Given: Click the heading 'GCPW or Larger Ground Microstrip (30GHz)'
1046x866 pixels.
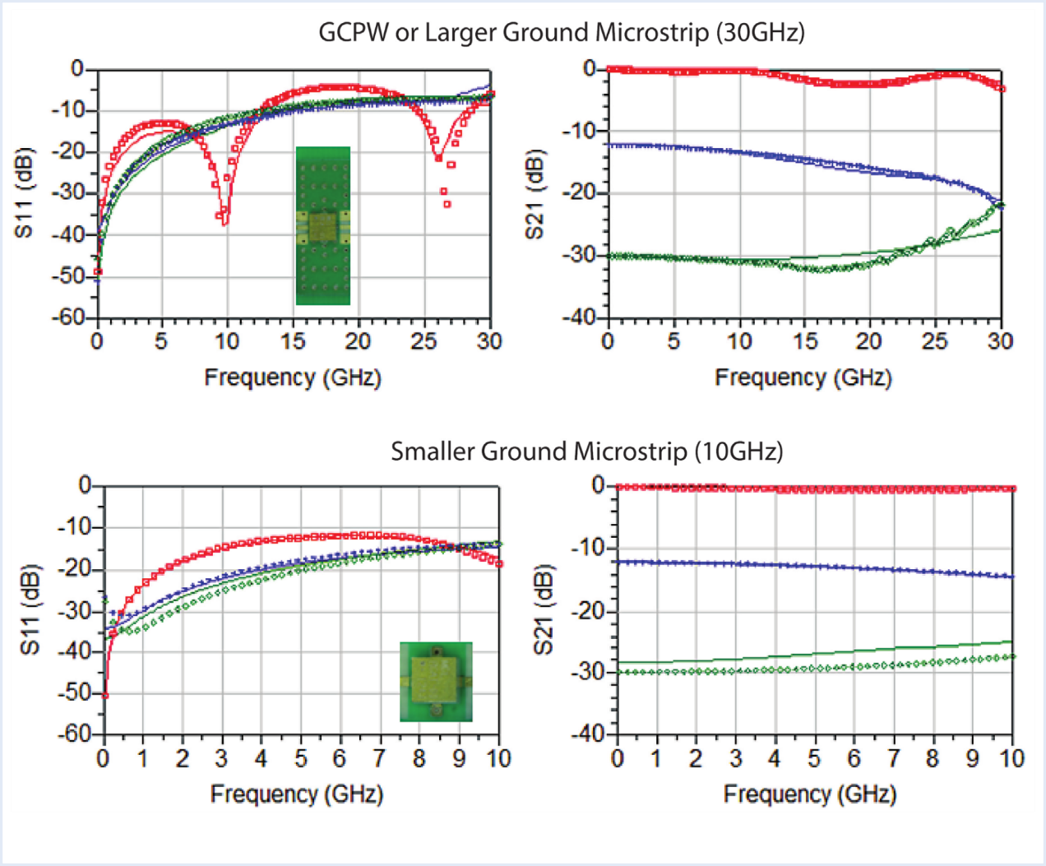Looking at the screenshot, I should (562, 33).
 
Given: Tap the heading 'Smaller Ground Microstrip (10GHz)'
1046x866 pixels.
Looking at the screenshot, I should (586, 452).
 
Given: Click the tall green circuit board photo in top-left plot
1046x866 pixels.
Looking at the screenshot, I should (323, 226).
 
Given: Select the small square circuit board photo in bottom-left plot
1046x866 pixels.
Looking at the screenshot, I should (436, 682).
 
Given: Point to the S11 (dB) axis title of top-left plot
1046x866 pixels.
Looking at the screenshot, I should (25, 193).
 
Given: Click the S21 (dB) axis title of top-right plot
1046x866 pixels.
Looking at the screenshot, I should (535, 195).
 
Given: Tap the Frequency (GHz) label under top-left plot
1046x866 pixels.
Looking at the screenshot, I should (293, 377).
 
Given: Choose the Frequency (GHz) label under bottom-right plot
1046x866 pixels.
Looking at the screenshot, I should (810, 794).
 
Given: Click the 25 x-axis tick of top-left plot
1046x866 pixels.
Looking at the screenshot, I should (424, 341).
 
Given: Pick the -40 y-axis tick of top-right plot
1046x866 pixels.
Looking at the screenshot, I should (581, 317).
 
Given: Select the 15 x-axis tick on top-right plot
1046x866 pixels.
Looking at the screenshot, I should (805, 341).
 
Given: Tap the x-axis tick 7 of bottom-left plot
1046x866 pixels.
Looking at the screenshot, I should (379, 757).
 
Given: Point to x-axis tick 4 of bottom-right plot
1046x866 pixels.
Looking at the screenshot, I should (775, 757).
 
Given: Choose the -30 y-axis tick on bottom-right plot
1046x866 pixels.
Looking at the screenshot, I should (589, 671).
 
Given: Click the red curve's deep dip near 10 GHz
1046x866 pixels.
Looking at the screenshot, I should (224, 220).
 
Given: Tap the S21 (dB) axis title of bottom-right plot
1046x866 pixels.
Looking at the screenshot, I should (544, 609).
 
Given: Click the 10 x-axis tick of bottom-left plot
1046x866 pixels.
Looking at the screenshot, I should (498, 757).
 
